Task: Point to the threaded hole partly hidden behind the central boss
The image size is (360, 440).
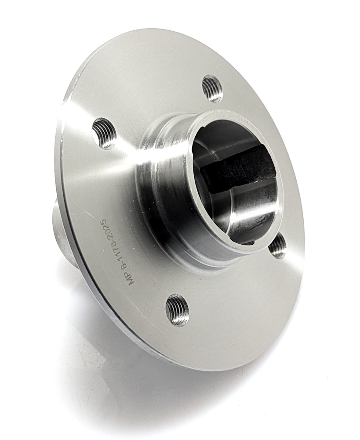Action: coord(277,247)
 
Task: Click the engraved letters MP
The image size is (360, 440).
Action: coord(131,278)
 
